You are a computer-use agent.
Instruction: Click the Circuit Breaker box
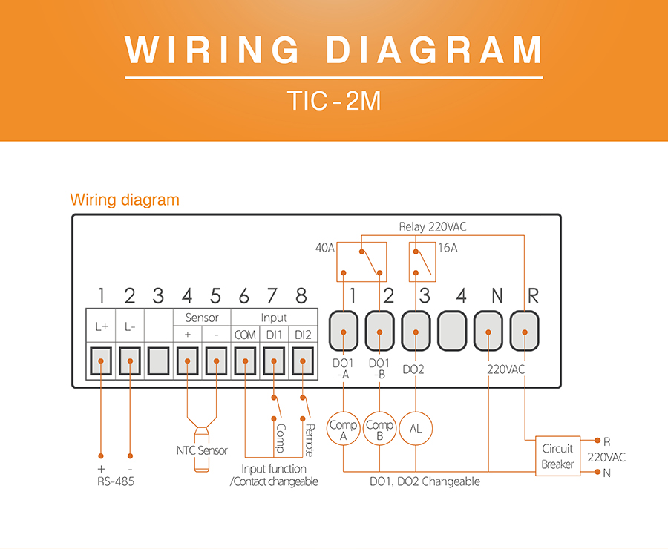pyautogui.click(x=557, y=457)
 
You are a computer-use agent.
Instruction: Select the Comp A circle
pyautogui.click(x=344, y=430)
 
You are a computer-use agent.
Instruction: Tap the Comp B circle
pyautogui.click(x=379, y=430)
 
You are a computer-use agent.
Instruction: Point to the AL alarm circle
pyautogui.click(x=416, y=428)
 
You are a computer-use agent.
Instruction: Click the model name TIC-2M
pyautogui.click(x=333, y=101)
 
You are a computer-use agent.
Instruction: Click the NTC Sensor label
pyautogui.click(x=202, y=450)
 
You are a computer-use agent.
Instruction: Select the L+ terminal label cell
pyautogui.click(x=101, y=326)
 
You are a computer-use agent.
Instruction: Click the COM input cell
pyautogui.click(x=245, y=335)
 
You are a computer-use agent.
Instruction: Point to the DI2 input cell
pyautogui.click(x=302, y=335)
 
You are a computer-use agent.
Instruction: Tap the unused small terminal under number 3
pyautogui.click(x=158, y=363)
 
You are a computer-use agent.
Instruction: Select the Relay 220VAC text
pyautogui.click(x=433, y=227)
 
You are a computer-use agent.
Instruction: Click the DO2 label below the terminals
pyautogui.click(x=415, y=367)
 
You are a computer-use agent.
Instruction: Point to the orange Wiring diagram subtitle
pyautogui.click(x=124, y=200)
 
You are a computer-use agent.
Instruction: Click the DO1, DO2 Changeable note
pyautogui.click(x=425, y=481)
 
